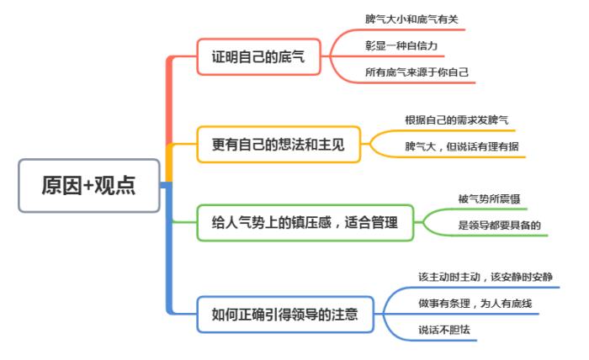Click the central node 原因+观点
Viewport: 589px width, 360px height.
88,185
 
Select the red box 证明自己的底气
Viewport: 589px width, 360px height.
257,58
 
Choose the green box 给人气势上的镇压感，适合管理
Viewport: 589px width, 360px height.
304,223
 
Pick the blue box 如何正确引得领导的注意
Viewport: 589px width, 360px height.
284,315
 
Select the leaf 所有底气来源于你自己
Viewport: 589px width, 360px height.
417,72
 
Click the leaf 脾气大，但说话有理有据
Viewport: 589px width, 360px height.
462,146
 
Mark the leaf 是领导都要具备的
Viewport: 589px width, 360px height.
498,225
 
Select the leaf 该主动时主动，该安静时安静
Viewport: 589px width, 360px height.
486,276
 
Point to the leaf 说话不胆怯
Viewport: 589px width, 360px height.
446,329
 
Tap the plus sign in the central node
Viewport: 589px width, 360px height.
88,186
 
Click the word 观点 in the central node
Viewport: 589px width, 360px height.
116,185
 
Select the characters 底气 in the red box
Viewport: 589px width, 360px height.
289,58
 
